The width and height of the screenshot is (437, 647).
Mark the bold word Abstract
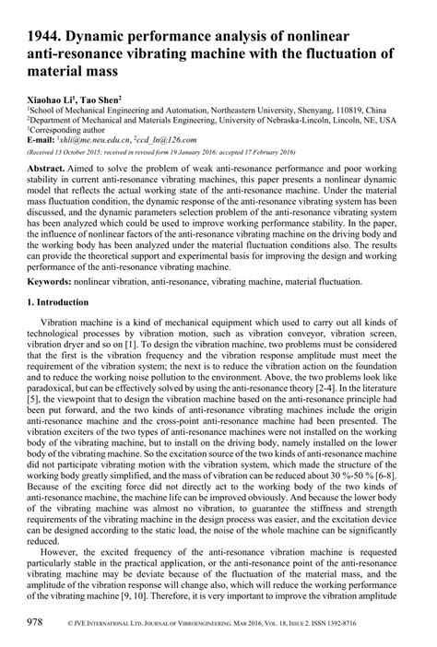coord(47,171)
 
